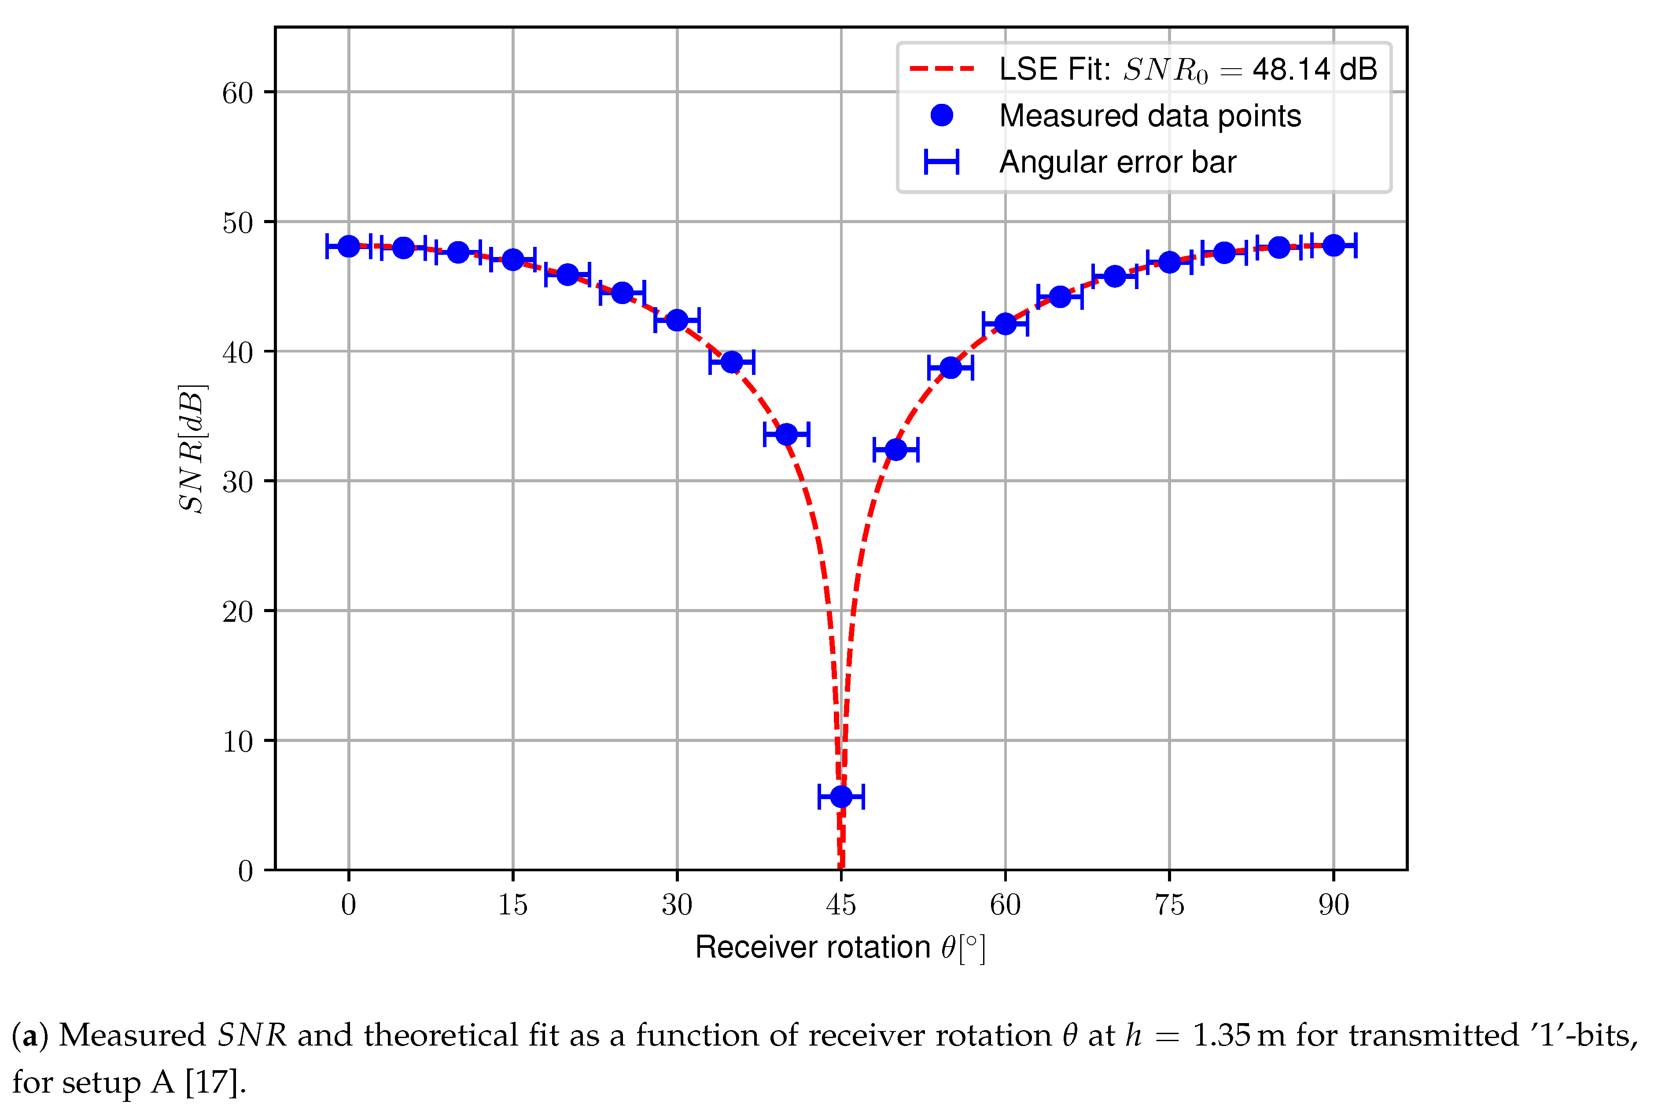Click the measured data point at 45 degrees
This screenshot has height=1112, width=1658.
click(841, 796)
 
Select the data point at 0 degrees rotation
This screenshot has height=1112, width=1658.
click(348, 246)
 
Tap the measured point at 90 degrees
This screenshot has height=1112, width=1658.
click(1333, 246)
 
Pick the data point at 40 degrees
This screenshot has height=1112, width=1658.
click(786, 434)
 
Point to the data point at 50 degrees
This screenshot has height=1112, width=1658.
click(895, 449)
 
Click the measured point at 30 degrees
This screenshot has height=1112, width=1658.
click(677, 320)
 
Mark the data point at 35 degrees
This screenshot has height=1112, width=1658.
click(731, 362)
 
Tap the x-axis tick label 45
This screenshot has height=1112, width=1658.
click(841, 905)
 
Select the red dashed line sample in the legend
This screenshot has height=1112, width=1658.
click(941, 69)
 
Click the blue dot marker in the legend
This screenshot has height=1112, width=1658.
click(941, 115)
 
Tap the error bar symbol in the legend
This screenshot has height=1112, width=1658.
click(941, 161)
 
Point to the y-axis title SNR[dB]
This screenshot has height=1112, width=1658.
click(192, 448)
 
